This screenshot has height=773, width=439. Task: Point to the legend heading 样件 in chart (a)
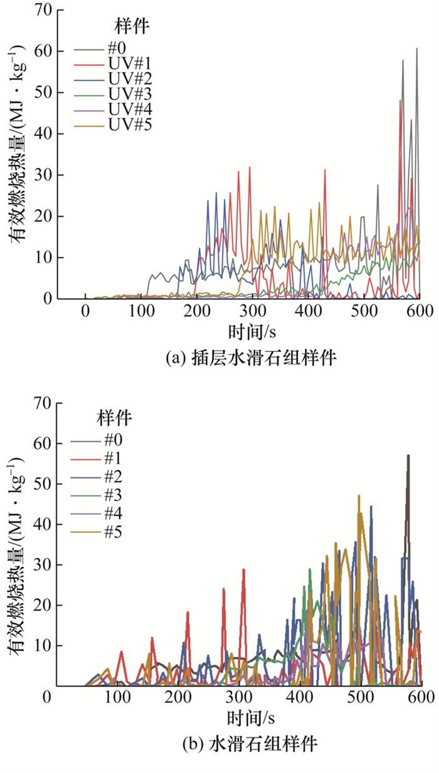(131, 26)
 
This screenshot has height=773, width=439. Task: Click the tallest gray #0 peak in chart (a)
(416, 49)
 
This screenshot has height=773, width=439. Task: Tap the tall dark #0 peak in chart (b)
(408, 456)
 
